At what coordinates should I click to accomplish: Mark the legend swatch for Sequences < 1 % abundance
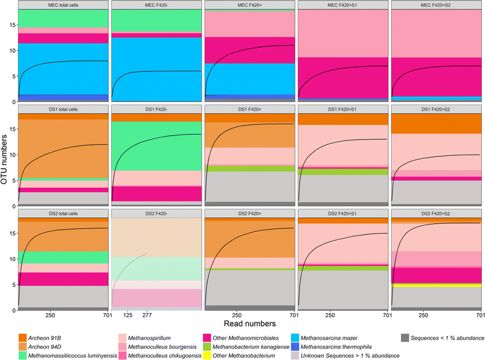pyautogui.click(x=405, y=337)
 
